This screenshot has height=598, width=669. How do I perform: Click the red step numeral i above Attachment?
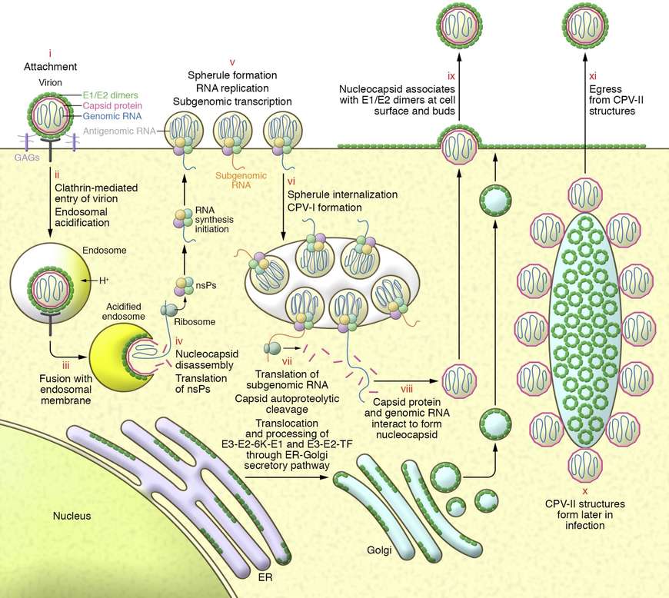pos(49,55)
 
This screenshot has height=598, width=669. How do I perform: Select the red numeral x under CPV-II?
pos(585,490)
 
